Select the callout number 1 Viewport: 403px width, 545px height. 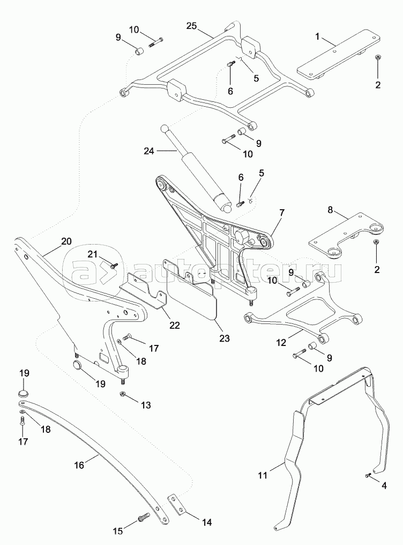point(317,37)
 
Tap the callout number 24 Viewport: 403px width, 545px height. point(149,151)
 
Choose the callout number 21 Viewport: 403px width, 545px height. point(93,254)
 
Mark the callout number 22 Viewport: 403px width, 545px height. point(175,325)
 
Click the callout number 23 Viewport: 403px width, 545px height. point(224,338)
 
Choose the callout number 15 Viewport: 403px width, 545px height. point(117,531)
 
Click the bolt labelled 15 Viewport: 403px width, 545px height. point(143,518)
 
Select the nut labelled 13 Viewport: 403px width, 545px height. point(123,395)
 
